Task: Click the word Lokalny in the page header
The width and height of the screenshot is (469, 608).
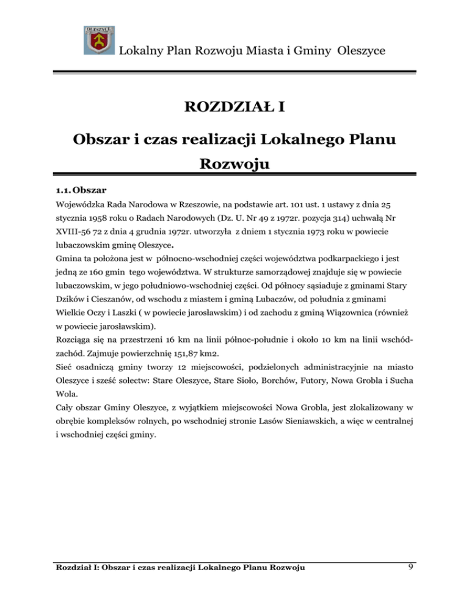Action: tap(137, 49)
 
